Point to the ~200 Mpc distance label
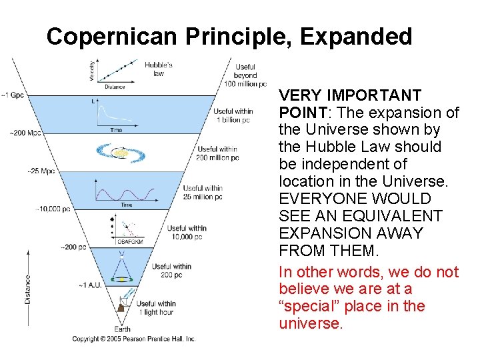coord(25,133)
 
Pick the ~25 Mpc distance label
coord(41,171)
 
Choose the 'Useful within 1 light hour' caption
coord(157,308)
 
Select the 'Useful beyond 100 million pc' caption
coord(242,75)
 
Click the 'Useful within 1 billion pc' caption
coord(233,115)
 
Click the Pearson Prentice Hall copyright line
coord(133,339)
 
